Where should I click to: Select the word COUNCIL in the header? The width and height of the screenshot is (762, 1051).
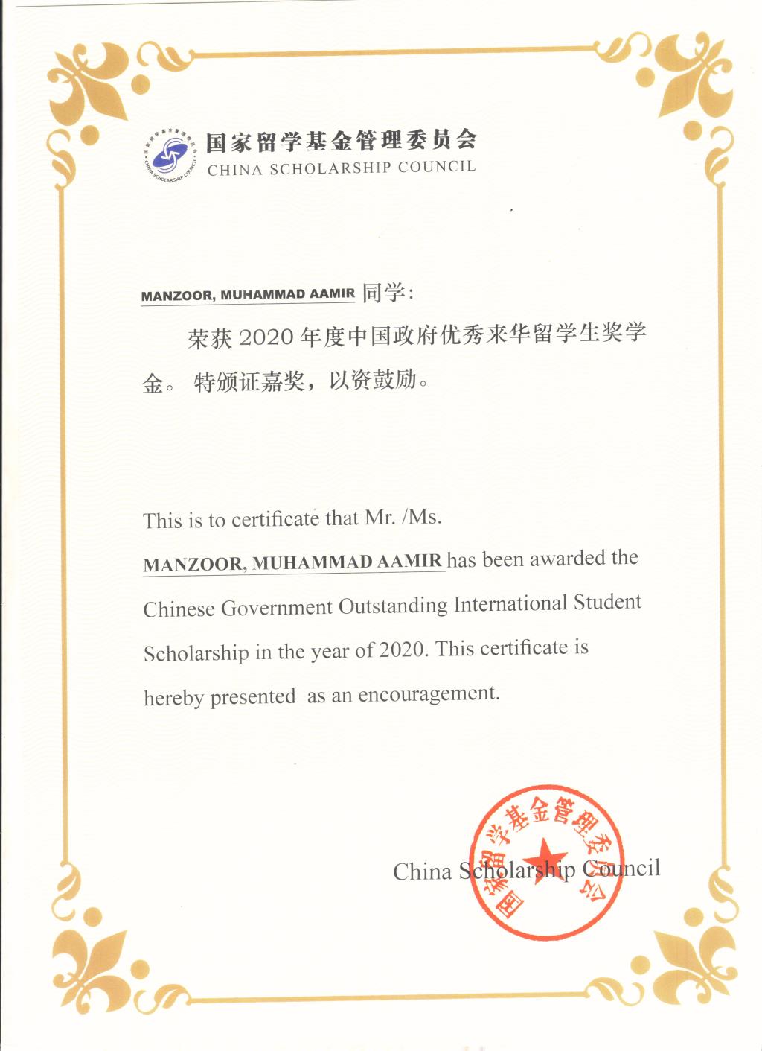437,166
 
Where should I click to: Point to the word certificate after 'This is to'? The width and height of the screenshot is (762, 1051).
275,519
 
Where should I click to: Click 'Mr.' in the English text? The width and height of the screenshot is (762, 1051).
380,518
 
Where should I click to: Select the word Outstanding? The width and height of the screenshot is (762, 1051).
393,606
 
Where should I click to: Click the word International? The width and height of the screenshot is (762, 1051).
510,603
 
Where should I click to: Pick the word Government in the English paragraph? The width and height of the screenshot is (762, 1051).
277,608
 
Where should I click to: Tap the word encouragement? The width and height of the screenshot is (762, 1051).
429,695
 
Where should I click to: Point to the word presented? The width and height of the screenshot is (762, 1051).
253,697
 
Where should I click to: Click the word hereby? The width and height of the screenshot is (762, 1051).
173,698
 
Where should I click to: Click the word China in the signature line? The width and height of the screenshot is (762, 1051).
422,871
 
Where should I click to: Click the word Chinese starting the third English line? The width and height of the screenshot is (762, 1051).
179,609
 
